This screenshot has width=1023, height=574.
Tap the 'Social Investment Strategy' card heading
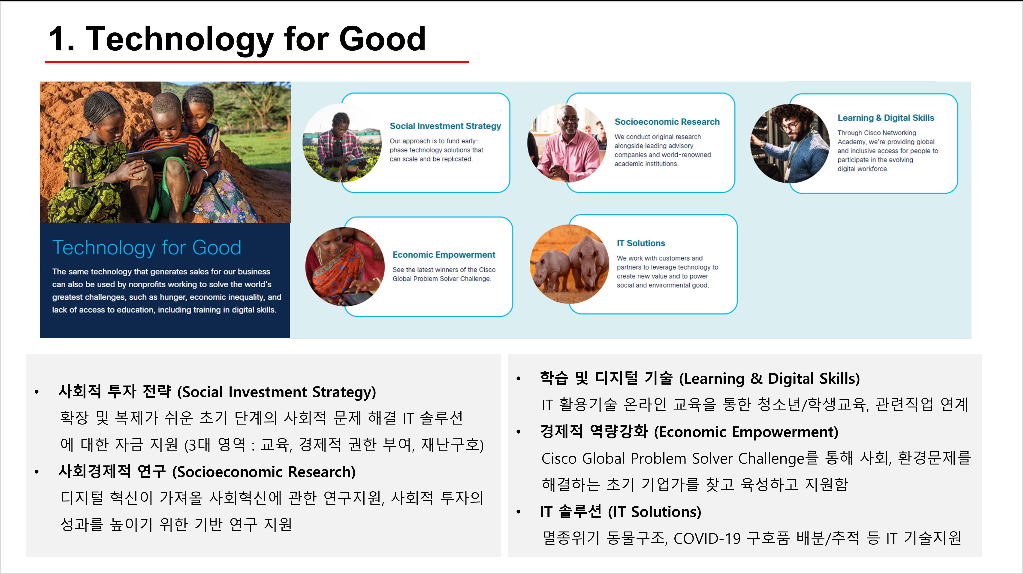click(x=445, y=126)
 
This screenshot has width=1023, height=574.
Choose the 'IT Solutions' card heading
click(x=641, y=243)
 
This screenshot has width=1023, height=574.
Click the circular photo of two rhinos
click(x=570, y=264)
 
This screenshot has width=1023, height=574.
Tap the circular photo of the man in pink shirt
click(x=567, y=143)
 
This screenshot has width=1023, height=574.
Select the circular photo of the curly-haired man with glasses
click(x=790, y=143)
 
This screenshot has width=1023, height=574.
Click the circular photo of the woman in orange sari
click(x=345, y=267)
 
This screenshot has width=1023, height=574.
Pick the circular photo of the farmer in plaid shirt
click(x=342, y=143)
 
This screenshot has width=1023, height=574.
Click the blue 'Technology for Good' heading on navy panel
click(x=147, y=247)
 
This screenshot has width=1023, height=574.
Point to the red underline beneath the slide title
click(x=257, y=62)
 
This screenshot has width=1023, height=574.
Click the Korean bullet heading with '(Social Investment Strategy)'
click(x=217, y=392)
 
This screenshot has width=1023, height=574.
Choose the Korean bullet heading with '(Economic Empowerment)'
click(x=689, y=432)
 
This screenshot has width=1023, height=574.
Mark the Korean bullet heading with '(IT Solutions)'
click(x=620, y=512)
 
